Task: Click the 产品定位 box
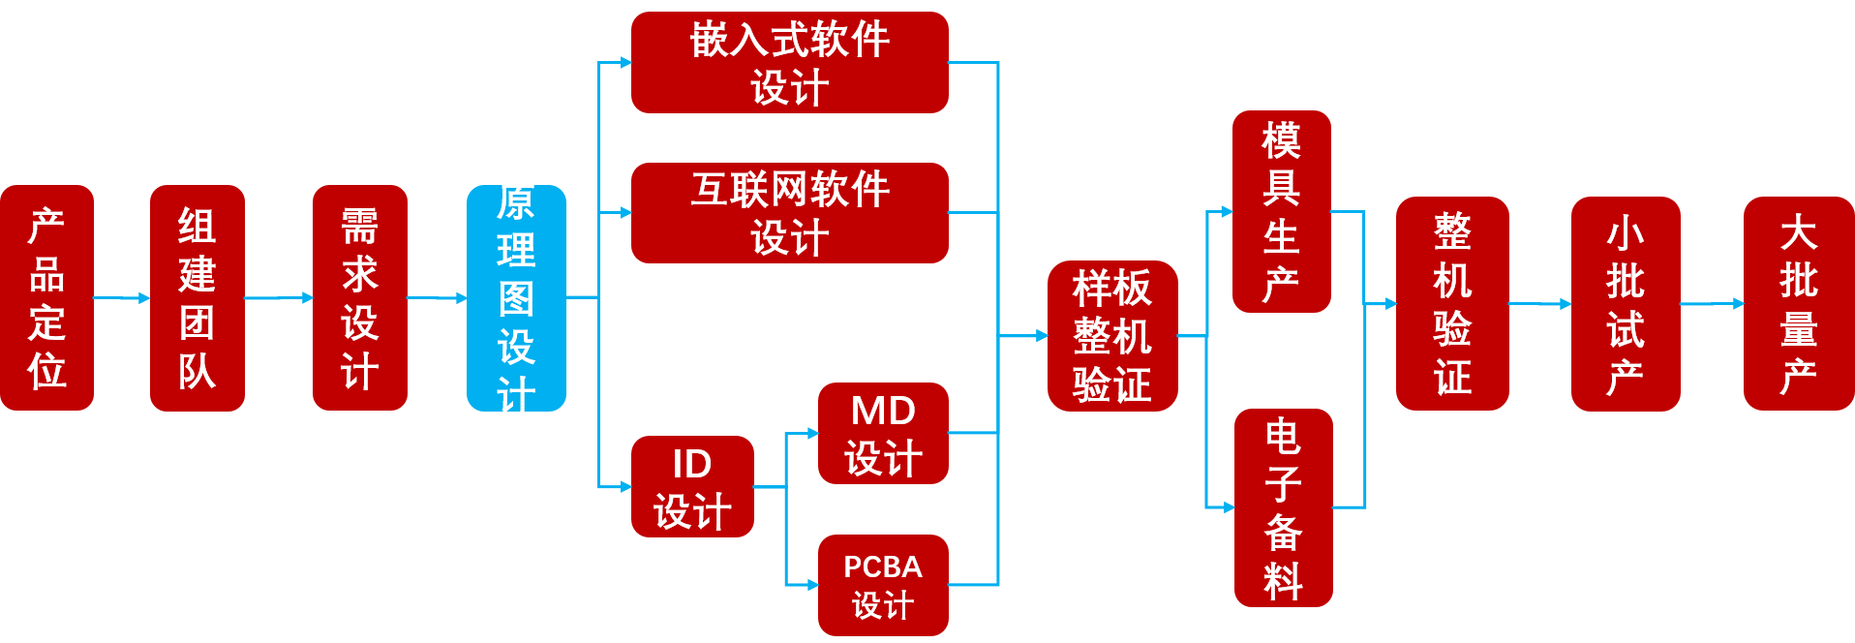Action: click(x=46, y=297)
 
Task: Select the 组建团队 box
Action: click(x=198, y=297)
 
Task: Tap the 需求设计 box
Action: click(x=359, y=297)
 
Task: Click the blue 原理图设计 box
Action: click(x=516, y=297)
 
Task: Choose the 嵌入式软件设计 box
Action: click(x=789, y=63)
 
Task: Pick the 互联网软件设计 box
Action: click(x=789, y=212)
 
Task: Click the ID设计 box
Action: click(x=692, y=486)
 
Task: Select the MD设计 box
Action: click(x=882, y=433)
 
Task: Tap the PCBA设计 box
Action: click(x=882, y=585)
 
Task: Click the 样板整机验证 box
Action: click(x=1111, y=336)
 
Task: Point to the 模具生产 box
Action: click(x=1281, y=211)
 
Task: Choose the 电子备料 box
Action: click(x=1283, y=507)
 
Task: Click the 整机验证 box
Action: click(x=1451, y=303)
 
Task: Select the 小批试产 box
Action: click(x=1625, y=303)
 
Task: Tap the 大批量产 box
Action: click(x=1798, y=303)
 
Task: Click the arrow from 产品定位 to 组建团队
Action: click(x=122, y=298)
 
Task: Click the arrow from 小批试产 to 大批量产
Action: click(x=1712, y=304)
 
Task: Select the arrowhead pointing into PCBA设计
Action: click(x=812, y=585)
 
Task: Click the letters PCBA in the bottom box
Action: click(x=882, y=566)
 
